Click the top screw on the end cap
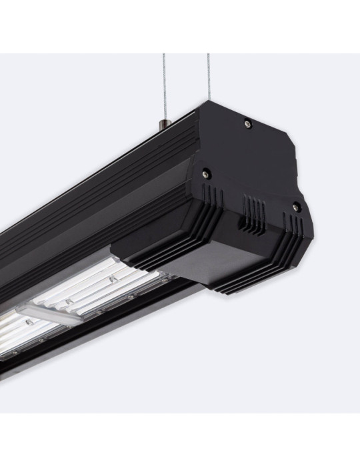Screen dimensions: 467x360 click(x=248, y=121)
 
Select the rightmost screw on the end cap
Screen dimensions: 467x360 click(x=297, y=207)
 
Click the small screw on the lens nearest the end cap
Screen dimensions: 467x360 click(x=114, y=276)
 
